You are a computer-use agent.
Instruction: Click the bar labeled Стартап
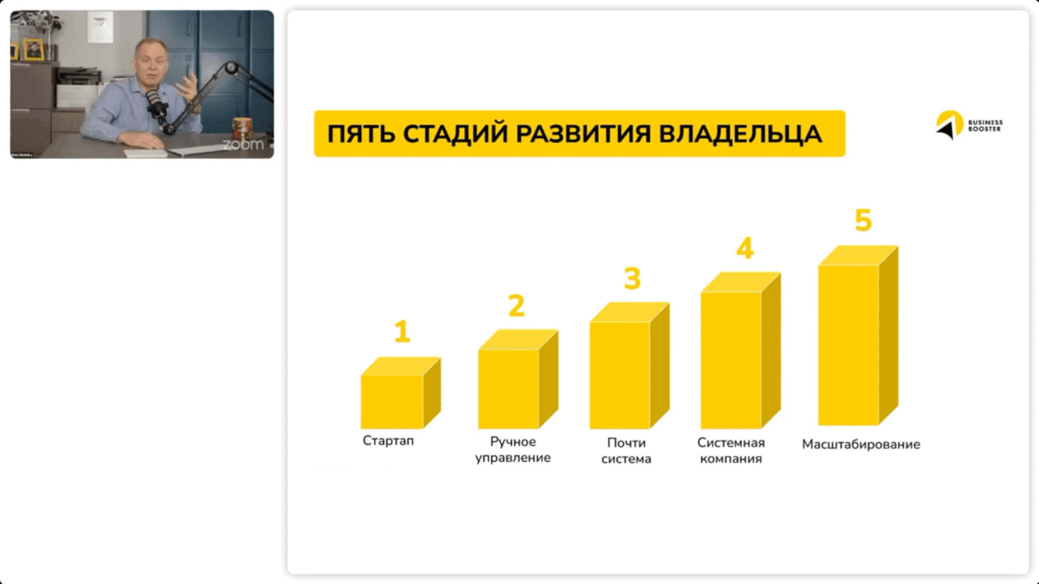393,401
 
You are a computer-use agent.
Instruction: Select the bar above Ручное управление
509,388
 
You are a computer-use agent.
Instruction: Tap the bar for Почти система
620,374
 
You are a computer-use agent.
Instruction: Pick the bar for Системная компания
731,359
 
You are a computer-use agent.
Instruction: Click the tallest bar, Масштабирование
849,344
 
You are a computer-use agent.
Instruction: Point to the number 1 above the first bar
402,331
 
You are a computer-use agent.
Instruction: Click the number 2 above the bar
516,305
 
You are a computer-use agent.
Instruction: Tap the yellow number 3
632,279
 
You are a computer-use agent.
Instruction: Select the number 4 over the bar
744,248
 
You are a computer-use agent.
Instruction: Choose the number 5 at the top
863,220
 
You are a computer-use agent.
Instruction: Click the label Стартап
388,441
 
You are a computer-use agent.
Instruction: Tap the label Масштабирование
861,444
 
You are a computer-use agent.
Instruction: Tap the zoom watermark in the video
243,145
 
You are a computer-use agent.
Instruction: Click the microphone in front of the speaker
154,102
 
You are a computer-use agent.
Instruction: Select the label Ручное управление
513,450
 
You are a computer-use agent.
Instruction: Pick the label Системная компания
731,451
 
